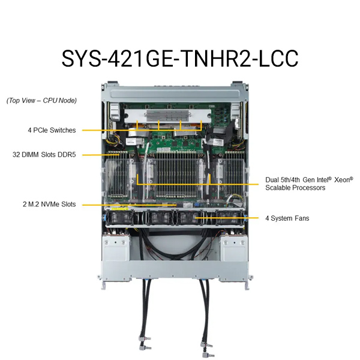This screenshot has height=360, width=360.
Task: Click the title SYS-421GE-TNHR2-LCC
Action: click(180, 58)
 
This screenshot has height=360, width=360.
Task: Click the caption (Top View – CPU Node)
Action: click(41, 101)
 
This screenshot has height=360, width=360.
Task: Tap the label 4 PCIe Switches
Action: click(52, 130)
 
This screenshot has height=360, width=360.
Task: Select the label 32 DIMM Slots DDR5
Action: click(44, 155)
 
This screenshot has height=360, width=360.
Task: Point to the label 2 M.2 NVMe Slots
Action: click(49, 204)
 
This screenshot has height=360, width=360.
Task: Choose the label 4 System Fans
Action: click(287, 218)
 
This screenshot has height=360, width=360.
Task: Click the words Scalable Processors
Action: click(295, 188)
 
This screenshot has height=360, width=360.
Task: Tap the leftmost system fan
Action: click(121, 218)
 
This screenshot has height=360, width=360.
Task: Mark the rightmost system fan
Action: click(229, 218)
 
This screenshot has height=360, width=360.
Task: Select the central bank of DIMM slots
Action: click(177, 175)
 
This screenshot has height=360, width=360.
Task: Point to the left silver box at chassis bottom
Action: click(116, 248)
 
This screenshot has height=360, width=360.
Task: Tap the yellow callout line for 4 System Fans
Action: click(227, 218)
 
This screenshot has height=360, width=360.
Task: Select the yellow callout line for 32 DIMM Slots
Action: click(101, 155)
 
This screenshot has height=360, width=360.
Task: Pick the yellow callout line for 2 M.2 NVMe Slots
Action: click(129, 205)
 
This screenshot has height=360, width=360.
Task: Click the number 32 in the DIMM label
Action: click(16, 155)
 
